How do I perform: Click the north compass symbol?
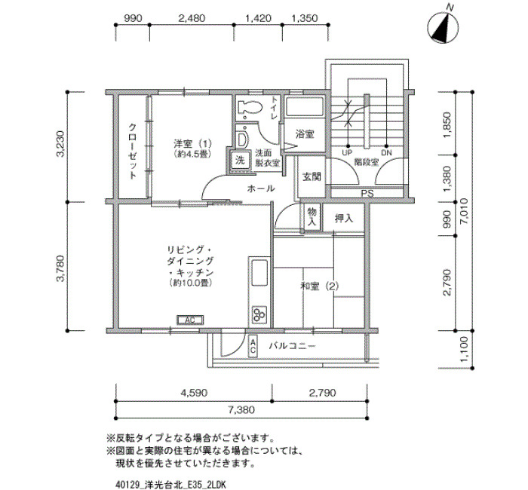click(x=443, y=27)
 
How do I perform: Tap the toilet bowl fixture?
click(x=250, y=109)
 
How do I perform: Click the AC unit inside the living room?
click(x=190, y=320)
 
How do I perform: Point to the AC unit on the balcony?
click(x=253, y=346)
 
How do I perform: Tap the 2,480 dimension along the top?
click(x=192, y=18)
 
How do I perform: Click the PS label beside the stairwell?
click(x=367, y=194)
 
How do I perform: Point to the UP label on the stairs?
click(x=347, y=153)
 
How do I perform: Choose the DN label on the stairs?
click(x=387, y=153)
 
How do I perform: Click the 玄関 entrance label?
click(x=312, y=176)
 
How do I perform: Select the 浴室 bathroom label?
click(x=305, y=134)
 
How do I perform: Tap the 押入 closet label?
click(x=344, y=219)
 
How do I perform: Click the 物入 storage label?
click(x=312, y=217)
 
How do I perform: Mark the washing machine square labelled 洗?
click(x=240, y=160)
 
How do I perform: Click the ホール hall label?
click(x=261, y=188)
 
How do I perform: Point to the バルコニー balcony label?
click(x=293, y=346)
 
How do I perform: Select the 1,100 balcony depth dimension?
click(x=464, y=349)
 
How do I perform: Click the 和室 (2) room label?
click(x=320, y=286)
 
